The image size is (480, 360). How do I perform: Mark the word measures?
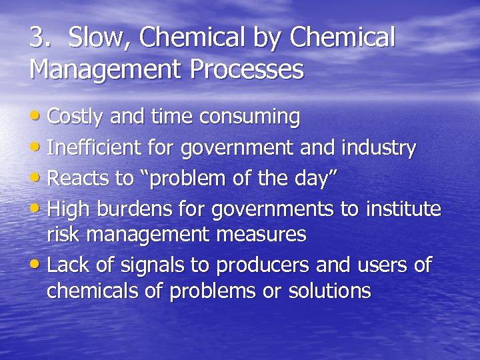tap(266, 235)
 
